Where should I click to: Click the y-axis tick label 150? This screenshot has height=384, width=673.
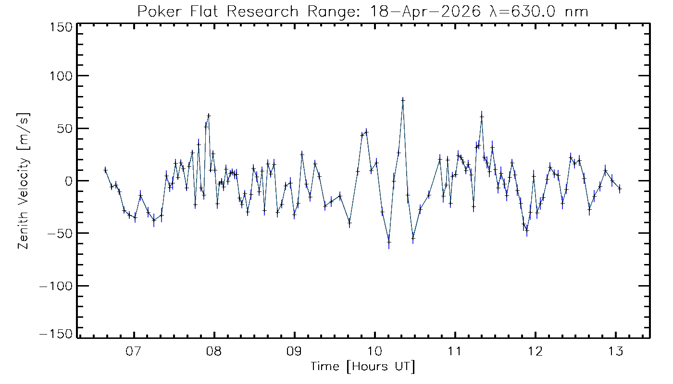point(61,28)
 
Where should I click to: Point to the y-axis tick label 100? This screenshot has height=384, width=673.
point(61,76)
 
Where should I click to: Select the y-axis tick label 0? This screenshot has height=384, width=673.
point(69,181)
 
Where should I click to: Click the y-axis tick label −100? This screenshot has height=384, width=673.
point(56,286)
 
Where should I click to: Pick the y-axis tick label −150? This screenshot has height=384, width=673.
point(56,334)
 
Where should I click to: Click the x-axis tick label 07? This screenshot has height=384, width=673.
point(134,351)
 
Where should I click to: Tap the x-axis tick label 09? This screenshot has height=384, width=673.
point(294,351)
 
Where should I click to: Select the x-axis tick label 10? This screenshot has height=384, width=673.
point(374,351)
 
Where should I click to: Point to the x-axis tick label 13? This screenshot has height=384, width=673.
point(616,351)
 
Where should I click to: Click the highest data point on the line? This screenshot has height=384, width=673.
point(403,100)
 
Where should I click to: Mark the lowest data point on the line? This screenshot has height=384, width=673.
point(389,242)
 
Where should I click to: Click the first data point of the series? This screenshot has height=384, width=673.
point(105,170)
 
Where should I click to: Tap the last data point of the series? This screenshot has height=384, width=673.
point(620,189)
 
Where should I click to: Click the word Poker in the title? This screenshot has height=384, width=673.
point(160,12)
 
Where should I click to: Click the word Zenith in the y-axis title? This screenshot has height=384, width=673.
point(23,229)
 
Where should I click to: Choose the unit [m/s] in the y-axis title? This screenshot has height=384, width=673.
point(23,132)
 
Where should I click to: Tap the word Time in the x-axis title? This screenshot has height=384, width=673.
point(325,367)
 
